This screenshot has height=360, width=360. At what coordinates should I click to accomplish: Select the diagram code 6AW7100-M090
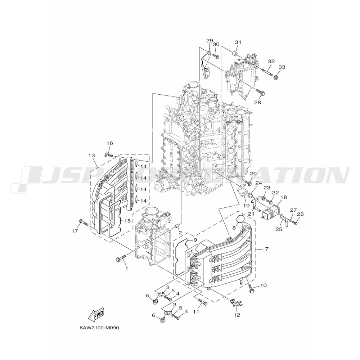(x=99, y=328)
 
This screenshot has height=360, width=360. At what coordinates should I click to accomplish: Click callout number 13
(x=91, y=155)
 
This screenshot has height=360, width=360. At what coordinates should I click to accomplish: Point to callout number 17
(x=75, y=231)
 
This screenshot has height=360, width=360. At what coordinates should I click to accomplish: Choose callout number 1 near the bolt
(x=126, y=268)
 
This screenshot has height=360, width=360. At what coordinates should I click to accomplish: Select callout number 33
(x=282, y=67)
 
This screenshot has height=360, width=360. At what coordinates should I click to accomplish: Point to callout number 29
(x=210, y=41)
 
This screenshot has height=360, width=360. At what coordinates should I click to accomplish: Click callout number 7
(x=267, y=249)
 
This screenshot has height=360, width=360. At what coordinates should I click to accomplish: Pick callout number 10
(x=263, y=285)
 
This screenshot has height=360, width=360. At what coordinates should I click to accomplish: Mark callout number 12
(x=237, y=315)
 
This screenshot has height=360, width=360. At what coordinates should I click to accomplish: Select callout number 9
(x=195, y=240)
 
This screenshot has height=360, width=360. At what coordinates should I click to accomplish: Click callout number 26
(x=300, y=214)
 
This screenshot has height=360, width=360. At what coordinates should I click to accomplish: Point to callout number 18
(x=284, y=197)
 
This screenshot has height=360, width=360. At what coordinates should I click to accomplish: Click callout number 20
(x=253, y=174)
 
